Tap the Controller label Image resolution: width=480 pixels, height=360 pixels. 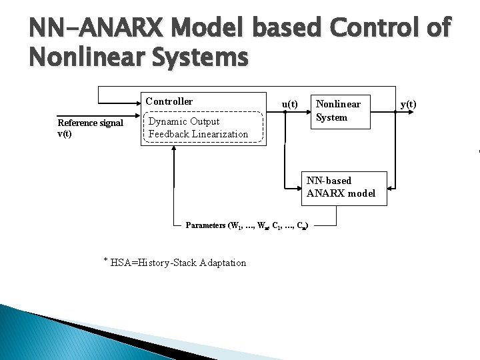[169, 101]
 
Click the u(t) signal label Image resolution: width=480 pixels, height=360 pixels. [289, 104]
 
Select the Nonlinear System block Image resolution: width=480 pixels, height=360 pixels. [338, 111]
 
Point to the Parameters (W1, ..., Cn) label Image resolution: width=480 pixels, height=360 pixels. [247, 225]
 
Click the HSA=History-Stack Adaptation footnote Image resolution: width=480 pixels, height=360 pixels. [178, 263]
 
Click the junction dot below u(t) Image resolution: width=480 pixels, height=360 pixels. [285, 112]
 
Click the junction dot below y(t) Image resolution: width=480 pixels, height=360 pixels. [396, 112]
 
